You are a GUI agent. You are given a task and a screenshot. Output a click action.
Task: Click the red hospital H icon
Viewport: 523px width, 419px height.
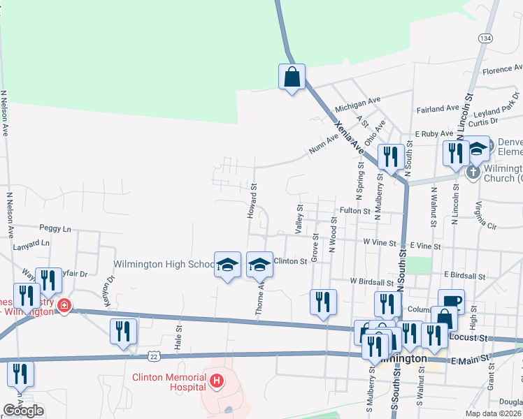point(217,381)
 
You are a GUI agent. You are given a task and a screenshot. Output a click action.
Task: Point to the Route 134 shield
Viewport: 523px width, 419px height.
point(485,38)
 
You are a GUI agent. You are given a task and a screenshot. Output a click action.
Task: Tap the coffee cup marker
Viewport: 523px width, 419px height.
point(451,302)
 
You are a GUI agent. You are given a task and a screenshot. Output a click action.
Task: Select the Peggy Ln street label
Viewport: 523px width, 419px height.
point(56,228)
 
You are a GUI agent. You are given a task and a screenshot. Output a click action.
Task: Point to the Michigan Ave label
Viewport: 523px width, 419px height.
point(358,105)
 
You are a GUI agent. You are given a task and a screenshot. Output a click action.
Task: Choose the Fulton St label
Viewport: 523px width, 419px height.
point(354,210)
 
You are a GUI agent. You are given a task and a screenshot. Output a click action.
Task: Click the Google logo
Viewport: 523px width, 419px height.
point(23,411)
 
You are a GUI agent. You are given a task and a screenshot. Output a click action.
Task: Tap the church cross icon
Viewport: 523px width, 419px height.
point(473,172)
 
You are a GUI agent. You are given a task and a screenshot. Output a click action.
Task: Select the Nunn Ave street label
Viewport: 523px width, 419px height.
point(323,147)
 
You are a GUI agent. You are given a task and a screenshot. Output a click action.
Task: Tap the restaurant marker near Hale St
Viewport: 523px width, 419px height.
point(123,332)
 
